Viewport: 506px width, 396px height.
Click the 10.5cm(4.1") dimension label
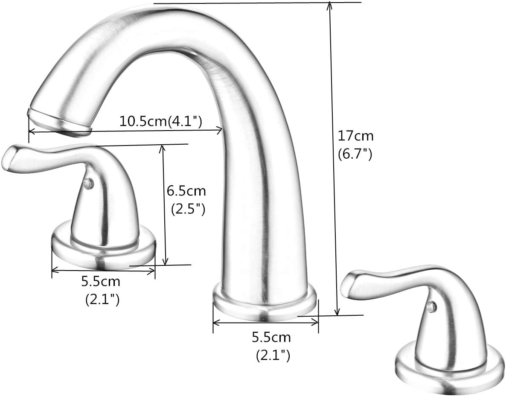pos(160,122)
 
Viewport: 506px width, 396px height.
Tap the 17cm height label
pos(355,136)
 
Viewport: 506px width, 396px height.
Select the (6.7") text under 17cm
pos(355,154)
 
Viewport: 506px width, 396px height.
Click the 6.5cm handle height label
pos(186,190)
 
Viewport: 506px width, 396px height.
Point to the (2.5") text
pos(188,209)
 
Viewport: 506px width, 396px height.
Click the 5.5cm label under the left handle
pos(101,282)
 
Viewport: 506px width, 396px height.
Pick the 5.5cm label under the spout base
pos(271,338)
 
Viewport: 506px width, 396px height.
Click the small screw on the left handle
pos(88,184)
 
